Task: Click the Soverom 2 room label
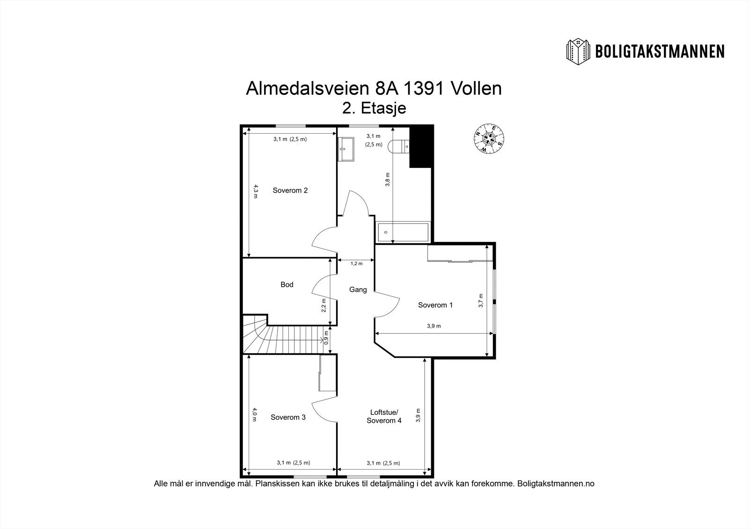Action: [x=290, y=190]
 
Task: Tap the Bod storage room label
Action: [x=287, y=284]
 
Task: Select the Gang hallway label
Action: [x=358, y=290]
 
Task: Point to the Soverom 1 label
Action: [x=435, y=305]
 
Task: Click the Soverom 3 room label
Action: [x=288, y=417]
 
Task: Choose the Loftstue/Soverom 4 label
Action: [x=384, y=416]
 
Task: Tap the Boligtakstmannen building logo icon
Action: [x=579, y=51]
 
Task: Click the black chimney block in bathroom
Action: [x=421, y=146]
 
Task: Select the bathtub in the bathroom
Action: [x=403, y=232]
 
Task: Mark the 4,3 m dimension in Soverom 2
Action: [x=255, y=191]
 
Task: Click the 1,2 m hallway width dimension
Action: [x=357, y=263]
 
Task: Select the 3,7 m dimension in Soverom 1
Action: [x=481, y=300]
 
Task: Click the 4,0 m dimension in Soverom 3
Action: [x=255, y=414]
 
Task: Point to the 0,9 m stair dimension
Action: [x=326, y=341]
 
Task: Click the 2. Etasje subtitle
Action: [x=374, y=108]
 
